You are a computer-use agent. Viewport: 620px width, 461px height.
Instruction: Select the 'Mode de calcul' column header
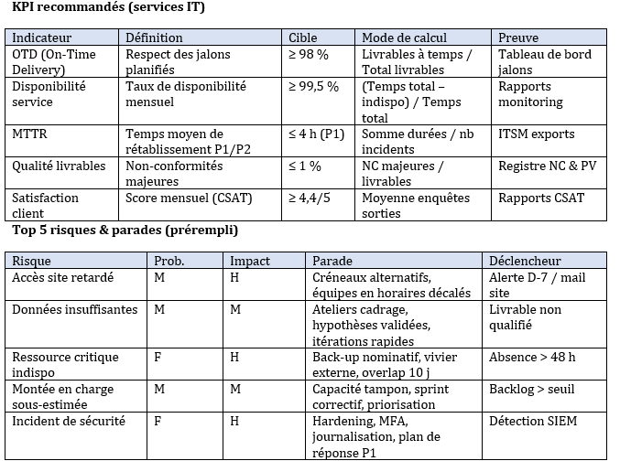tap(404, 38)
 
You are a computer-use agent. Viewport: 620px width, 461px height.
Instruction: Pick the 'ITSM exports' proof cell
tap(537, 134)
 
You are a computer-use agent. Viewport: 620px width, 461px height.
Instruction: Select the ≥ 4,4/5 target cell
tap(313, 198)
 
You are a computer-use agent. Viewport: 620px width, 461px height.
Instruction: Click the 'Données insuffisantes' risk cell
tap(74, 309)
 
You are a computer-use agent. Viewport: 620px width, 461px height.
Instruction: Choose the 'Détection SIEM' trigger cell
tap(536, 421)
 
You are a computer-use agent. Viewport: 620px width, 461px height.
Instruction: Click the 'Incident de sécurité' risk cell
tap(68, 421)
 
